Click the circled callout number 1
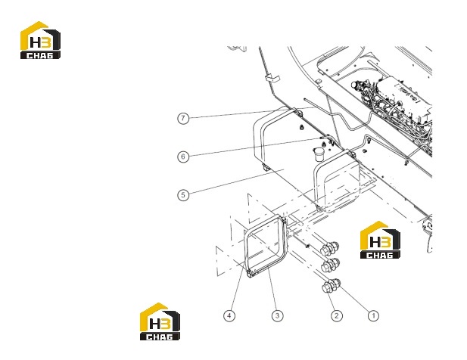[x=373, y=315]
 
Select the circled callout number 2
[x=337, y=315]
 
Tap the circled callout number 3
[x=277, y=315]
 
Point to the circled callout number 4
[x=229, y=315]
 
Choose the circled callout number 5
[x=183, y=195]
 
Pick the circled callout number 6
[x=183, y=157]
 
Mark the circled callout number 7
[x=183, y=118]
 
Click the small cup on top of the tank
[x=319, y=154]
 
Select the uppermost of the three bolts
[x=329, y=247]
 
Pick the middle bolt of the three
[x=330, y=265]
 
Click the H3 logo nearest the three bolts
[x=380, y=240]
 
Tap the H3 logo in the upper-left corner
[x=40, y=40]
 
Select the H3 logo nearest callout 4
[x=160, y=321]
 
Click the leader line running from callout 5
[x=236, y=182]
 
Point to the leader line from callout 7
[x=252, y=113]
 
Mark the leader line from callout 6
[x=254, y=147]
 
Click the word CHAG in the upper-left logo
[x=40, y=55]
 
